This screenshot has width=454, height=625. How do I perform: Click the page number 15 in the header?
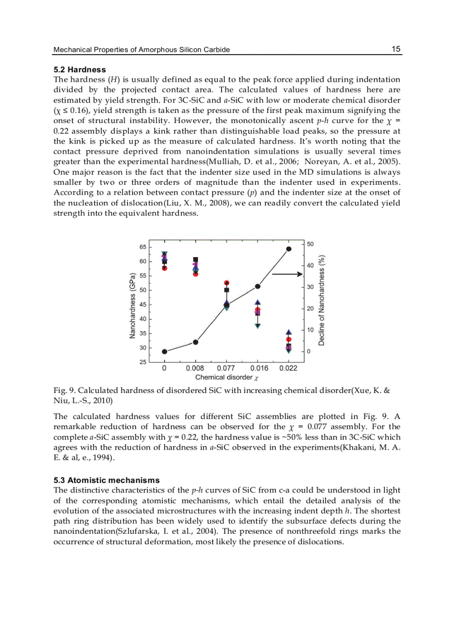(396, 49)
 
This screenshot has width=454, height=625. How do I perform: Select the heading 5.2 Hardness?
(80, 70)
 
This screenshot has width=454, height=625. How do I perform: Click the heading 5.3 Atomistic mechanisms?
(106, 480)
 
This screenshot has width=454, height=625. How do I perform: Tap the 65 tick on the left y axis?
(143, 247)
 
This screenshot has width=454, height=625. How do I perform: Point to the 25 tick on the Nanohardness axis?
(143, 362)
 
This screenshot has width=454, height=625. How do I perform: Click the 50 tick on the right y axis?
(310, 244)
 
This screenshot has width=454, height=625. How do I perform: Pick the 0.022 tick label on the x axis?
(288, 368)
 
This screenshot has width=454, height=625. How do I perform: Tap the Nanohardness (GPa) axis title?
(133, 305)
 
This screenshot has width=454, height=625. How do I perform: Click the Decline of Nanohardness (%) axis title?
(322, 299)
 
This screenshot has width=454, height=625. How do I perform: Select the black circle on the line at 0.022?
(288, 249)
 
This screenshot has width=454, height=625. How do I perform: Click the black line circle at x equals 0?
(165, 351)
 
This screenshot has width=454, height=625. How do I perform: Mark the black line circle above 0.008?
(195, 342)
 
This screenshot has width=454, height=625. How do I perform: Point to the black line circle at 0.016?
(258, 286)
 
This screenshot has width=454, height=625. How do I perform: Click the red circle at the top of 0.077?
(226, 283)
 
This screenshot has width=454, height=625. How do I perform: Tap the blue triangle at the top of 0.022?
(288, 332)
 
